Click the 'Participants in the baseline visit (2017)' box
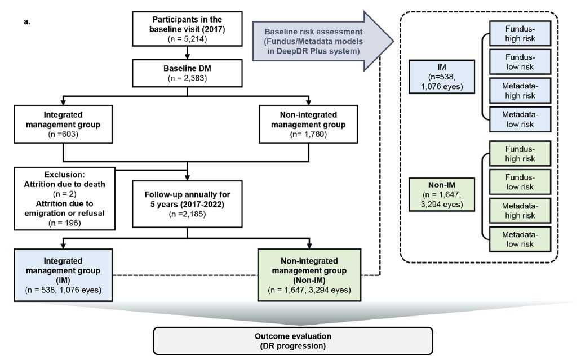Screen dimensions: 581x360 point(187,29)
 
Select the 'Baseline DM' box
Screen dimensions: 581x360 point(187,73)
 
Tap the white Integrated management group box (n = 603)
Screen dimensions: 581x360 point(63,124)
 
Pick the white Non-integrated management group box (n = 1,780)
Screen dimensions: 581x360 point(308,124)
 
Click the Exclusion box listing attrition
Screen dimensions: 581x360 point(64,198)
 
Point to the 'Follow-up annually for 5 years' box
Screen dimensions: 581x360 point(187,204)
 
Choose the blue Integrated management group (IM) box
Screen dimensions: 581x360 point(63,275)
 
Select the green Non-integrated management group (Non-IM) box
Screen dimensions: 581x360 point(309,275)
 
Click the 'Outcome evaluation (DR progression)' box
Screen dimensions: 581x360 point(293,341)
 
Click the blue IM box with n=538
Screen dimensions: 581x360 point(442,77)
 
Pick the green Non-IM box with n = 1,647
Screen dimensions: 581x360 point(442,194)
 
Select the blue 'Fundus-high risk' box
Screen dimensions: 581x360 point(520,33)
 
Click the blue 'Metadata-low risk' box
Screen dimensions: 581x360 point(520,119)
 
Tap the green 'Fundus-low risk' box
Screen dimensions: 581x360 point(520,182)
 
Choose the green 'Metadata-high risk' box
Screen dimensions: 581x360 point(520,210)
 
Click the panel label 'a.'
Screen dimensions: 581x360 point(27,21)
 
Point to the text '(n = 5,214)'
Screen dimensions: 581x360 point(187,38)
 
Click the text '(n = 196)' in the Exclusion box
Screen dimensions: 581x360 point(64,223)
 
